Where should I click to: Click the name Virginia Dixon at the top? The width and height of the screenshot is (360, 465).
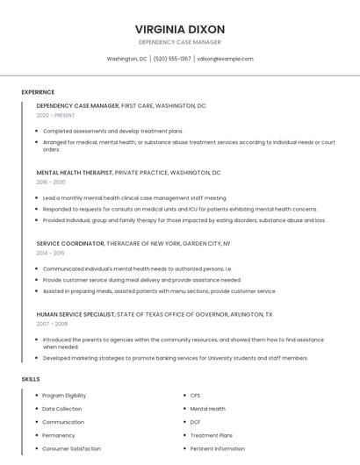click(x=180, y=29)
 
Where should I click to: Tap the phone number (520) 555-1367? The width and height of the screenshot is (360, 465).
click(x=172, y=59)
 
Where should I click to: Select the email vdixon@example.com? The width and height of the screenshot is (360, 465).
click(x=225, y=59)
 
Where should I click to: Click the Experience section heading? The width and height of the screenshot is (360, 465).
click(x=38, y=92)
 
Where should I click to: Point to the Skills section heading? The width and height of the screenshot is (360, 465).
click(x=31, y=379)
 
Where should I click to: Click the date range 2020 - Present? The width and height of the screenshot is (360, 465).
click(x=55, y=115)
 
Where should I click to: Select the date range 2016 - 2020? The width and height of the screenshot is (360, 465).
click(x=51, y=182)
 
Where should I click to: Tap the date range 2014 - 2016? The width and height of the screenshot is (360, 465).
click(x=50, y=252)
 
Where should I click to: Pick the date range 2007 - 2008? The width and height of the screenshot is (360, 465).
click(x=52, y=323)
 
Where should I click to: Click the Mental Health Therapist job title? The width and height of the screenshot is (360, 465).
click(x=75, y=173)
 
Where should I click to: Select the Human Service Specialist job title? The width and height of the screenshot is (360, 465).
click(x=75, y=313)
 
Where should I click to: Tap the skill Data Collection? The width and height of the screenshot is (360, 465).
click(x=62, y=409)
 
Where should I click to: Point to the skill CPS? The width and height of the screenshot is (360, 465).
click(x=195, y=396)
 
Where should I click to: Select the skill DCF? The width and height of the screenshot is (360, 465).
click(x=196, y=422)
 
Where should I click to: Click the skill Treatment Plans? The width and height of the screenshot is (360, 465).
click(x=212, y=435)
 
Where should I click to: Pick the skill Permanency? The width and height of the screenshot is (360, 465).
click(x=59, y=435)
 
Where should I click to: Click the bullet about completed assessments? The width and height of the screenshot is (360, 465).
click(x=112, y=131)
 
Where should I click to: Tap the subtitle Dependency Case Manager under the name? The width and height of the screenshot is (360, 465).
click(x=180, y=42)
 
